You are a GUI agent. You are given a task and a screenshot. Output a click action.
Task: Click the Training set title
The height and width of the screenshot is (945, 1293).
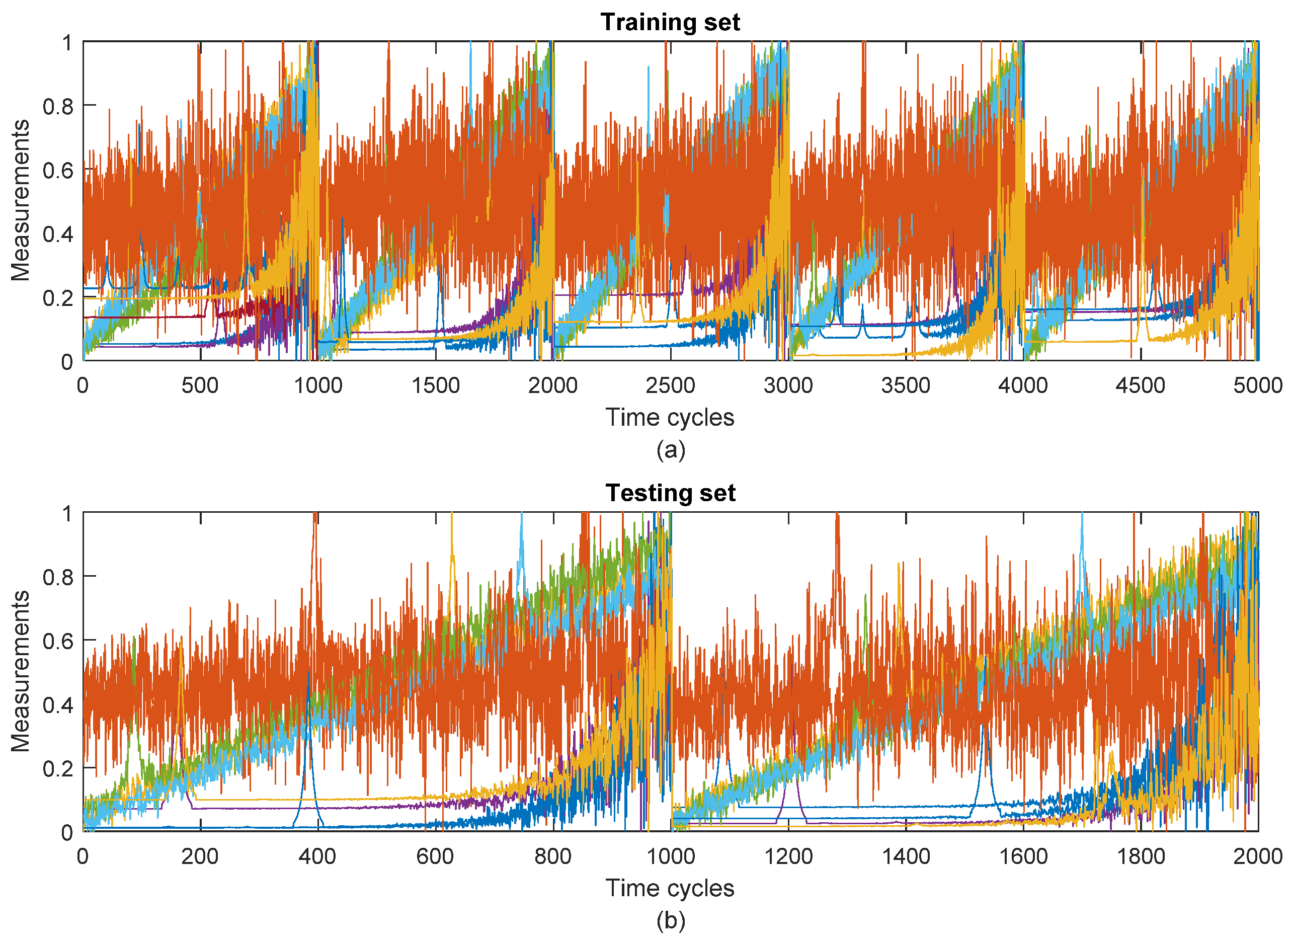(670, 22)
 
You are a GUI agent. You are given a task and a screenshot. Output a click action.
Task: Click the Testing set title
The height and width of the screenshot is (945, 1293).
(670, 493)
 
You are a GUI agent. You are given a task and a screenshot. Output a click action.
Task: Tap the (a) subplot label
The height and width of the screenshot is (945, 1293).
(670, 450)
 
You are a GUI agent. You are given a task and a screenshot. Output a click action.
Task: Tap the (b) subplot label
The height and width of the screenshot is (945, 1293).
(670, 920)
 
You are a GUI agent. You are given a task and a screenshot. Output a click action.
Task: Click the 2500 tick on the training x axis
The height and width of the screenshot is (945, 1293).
(670, 385)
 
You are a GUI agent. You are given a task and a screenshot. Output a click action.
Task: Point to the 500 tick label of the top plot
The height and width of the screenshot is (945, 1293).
(200, 385)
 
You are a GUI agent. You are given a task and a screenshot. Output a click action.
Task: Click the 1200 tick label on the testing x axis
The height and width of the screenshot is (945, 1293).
(788, 856)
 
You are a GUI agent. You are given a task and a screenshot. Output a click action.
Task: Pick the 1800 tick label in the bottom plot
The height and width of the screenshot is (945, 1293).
(1141, 856)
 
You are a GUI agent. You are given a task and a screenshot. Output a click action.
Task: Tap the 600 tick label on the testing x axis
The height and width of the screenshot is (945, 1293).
(435, 856)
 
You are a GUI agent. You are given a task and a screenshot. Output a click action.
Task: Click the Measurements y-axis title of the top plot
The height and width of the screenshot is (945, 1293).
(21, 200)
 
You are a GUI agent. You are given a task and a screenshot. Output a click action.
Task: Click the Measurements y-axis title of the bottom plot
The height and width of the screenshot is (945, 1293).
(21, 671)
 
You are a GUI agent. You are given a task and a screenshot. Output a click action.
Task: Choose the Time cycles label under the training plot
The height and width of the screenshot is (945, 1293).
(670, 418)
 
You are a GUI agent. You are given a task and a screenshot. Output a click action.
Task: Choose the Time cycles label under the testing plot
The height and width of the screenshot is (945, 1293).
(670, 888)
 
